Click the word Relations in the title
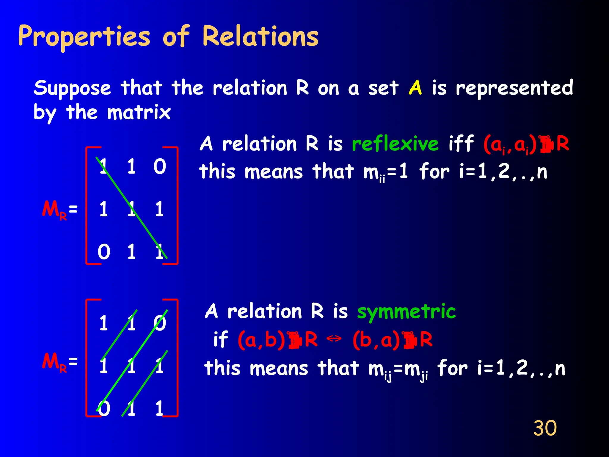[260, 36]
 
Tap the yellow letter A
[415, 87]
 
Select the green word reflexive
[395, 144]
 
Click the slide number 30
[545, 428]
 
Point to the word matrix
[139, 112]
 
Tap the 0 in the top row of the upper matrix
[160, 166]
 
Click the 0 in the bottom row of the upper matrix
[104, 252]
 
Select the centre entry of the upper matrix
[131, 209]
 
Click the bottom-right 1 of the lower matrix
[159, 408]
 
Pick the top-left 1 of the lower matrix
[103, 323]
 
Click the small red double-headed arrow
[334, 338]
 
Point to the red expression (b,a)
[376, 340]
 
